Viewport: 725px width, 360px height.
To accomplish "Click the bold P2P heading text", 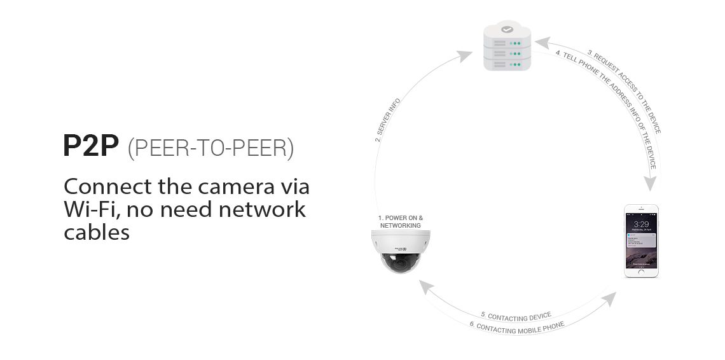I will click(x=91, y=146).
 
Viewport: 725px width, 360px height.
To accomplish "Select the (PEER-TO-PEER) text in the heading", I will click(x=211, y=148).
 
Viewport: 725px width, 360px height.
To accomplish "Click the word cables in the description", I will click(x=97, y=232).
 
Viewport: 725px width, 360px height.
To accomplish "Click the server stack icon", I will click(x=507, y=51).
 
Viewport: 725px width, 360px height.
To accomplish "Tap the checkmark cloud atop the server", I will click(x=507, y=29).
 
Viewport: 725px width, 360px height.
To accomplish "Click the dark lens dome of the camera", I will click(x=401, y=262).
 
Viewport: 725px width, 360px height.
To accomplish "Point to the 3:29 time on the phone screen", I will click(x=641, y=225).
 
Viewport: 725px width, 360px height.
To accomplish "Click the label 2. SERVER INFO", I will click(x=387, y=120).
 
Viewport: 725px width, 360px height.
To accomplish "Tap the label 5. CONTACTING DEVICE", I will click(x=516, y=315).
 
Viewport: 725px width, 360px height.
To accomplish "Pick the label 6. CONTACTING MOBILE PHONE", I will click(x=516, y=327).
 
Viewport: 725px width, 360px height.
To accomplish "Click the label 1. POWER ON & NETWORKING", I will click(x=401, y=222).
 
